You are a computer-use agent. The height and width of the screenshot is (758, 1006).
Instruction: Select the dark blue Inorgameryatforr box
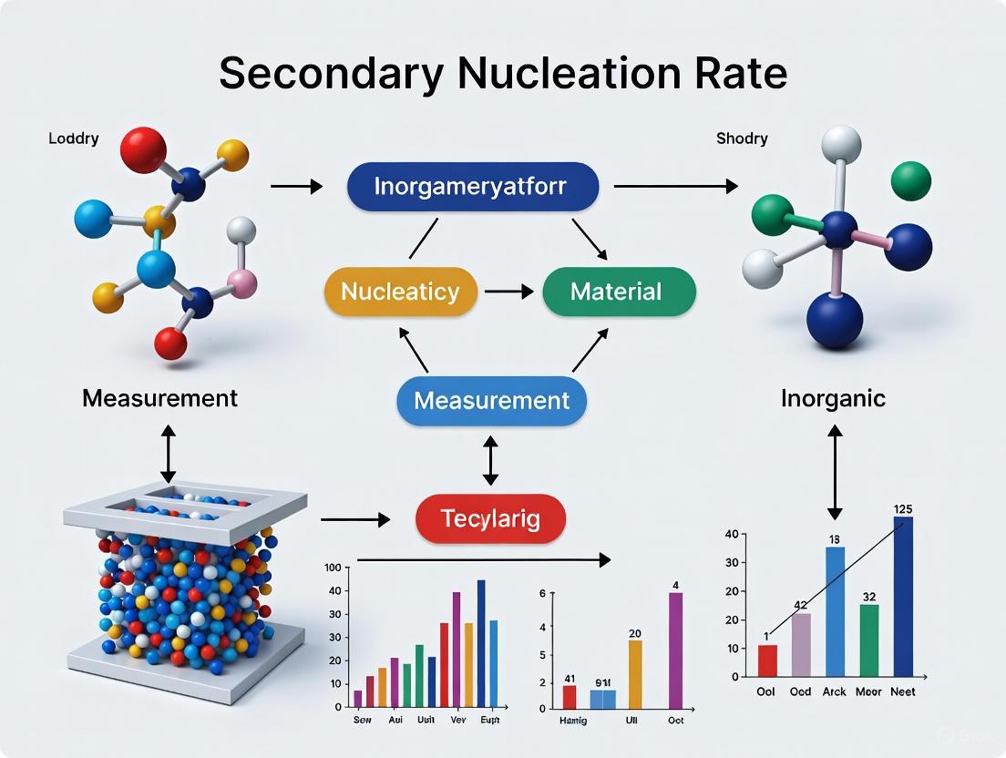pos(473,187)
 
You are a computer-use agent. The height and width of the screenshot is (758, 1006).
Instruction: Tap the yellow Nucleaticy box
pos(400,292)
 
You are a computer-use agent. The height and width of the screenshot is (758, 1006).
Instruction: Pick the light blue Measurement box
pos(491,400)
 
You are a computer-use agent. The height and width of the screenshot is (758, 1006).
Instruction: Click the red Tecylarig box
pos(490,519)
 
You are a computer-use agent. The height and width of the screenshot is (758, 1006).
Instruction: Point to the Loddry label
pos(74,139)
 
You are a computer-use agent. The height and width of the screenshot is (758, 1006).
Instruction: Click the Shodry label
pos(742,138)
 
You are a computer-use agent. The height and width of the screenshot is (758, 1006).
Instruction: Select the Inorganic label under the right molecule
pos(833,399)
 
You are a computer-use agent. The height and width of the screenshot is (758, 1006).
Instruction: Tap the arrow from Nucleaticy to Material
pos(508,292)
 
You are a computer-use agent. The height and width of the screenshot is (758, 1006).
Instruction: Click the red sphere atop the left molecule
pos(143,150)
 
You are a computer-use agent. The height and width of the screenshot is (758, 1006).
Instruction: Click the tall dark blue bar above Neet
pos(903,596)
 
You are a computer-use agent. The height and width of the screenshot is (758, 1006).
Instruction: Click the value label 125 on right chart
pos(903,507)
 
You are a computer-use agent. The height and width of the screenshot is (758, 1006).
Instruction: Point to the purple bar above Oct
pos(675,650)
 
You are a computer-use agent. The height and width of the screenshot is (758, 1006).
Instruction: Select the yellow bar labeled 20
pos(635,674)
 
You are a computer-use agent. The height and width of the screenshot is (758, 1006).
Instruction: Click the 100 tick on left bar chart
pos(333,568)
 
